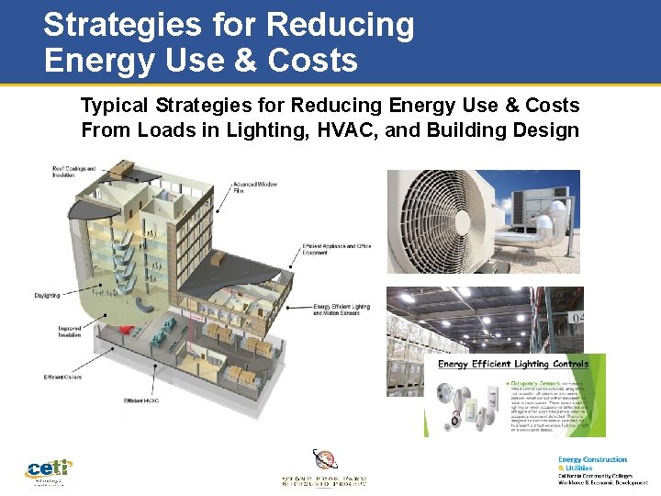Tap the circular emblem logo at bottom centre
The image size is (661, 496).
[x=325, y=459]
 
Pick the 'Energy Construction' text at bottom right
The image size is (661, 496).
[x=592, y=459]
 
